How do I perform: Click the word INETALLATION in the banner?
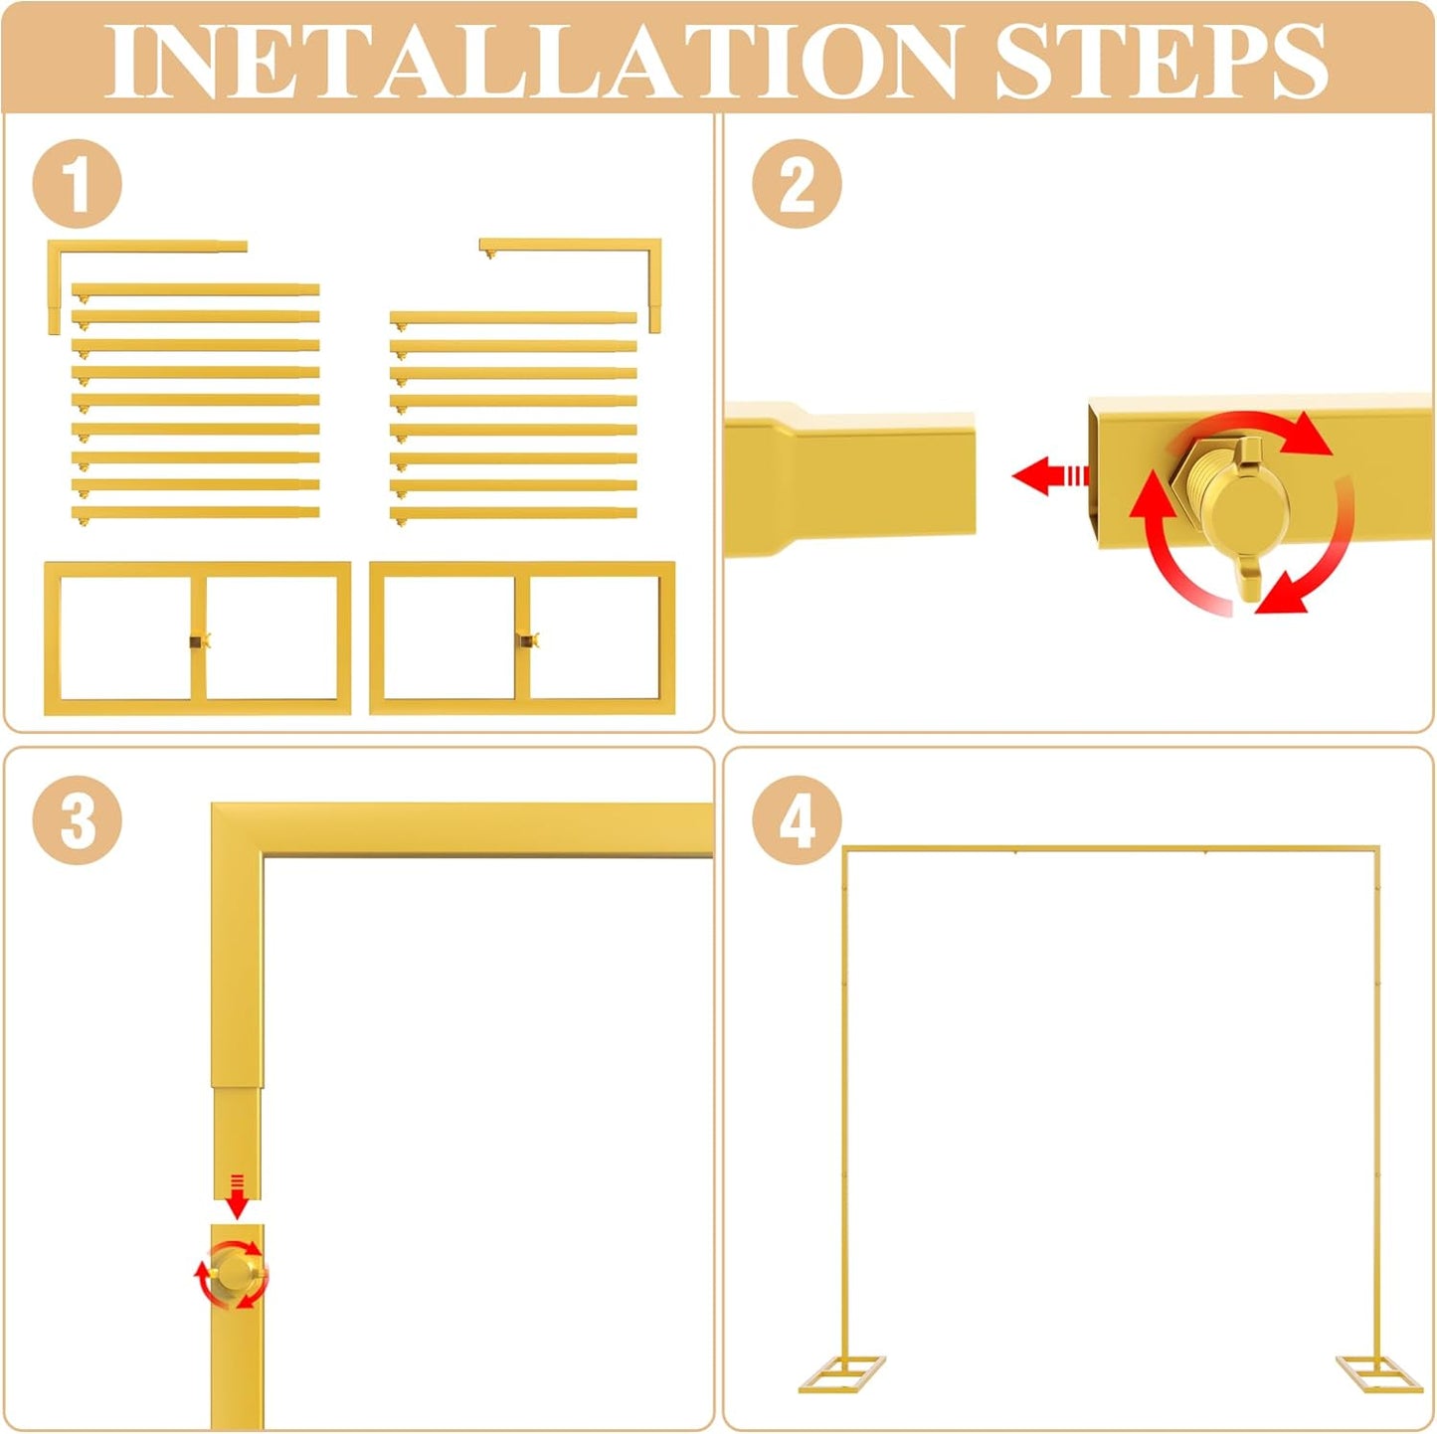pos(531,61)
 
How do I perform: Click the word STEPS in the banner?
pos(1162,61)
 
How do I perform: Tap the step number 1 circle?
pos(78,183)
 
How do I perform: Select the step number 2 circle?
pos(797,183)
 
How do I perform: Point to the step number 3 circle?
pos(78,819)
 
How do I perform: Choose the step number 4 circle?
pos(797,819)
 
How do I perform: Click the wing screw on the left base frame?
pos(200,640)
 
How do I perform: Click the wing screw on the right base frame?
pos(529,640)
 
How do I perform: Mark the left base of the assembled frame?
pos(842,1373)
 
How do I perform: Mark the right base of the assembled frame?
pos(1379,1373)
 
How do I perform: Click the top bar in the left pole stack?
pos(195,289)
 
